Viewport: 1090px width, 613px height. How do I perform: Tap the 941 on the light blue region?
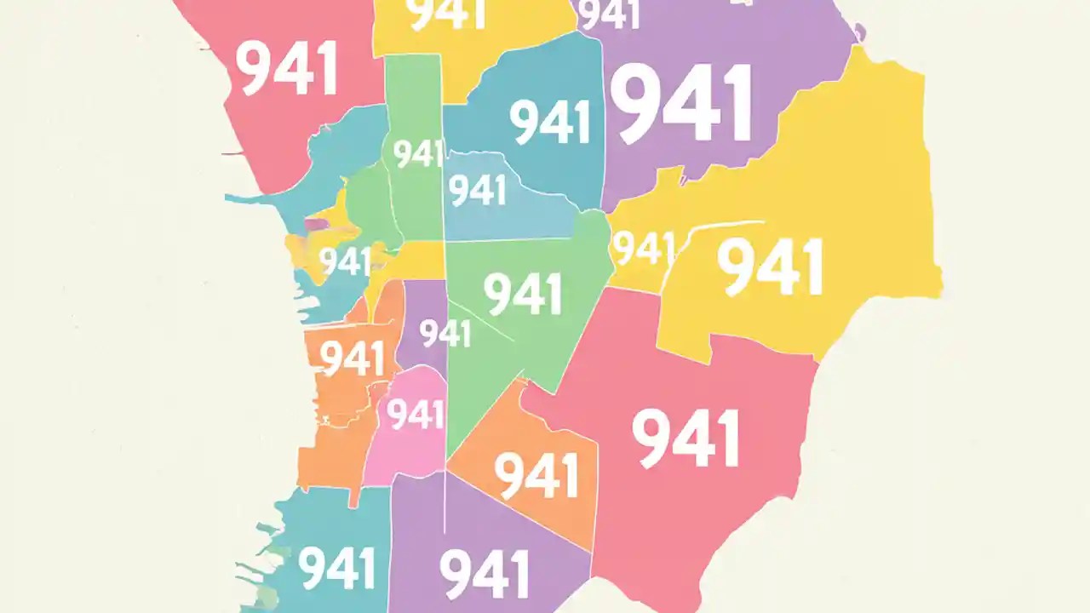click(x=478, y=191)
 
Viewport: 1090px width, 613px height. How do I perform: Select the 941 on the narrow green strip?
click(x=418, y=154)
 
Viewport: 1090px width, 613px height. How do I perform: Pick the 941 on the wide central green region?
click(x=523, y=295)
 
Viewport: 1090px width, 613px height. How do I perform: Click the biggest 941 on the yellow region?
click(x=770, y=266)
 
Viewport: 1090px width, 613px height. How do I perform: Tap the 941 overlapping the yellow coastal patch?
click(x=345, y=262)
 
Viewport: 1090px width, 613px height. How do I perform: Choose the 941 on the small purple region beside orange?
click(x=445, y=333)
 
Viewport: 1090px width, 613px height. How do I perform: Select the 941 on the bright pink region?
click(x=416, y=415)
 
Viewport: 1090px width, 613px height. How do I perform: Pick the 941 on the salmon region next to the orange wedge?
click(x=686, y=438)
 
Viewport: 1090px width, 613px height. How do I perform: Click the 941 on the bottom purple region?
click(x=485, y=573)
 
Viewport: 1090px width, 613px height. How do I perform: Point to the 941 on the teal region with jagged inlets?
click(x=338, y=568)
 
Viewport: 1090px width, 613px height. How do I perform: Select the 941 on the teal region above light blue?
click(x=551, y=122)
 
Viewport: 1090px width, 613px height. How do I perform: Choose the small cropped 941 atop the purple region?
click(x=608, y=14)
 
